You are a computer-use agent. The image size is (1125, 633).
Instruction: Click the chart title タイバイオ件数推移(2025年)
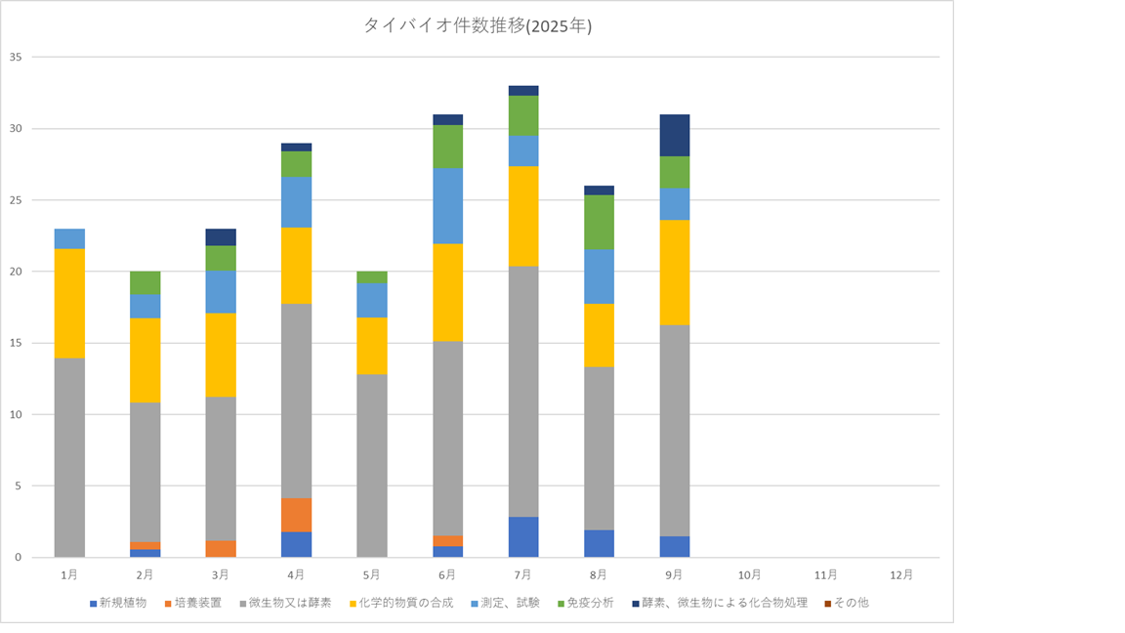478,26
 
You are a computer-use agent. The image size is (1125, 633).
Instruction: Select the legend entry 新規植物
123,603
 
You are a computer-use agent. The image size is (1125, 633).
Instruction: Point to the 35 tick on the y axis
16,58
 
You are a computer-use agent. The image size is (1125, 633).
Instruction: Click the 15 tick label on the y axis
16,343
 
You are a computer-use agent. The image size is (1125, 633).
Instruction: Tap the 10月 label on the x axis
750,574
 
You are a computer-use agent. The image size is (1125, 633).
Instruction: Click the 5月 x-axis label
372,574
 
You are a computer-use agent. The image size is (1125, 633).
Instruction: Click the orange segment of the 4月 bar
297,515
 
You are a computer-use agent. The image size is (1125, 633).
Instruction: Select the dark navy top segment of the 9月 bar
675,135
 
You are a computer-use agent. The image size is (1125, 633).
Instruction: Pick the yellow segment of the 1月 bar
69,304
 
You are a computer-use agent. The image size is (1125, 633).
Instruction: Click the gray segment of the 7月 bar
523,391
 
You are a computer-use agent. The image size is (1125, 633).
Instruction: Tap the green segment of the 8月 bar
599,222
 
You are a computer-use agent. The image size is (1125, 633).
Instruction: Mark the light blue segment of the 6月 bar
448,205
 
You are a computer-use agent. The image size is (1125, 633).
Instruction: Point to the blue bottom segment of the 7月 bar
523,536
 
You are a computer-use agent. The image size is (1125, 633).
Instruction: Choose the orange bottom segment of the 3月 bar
221,548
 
